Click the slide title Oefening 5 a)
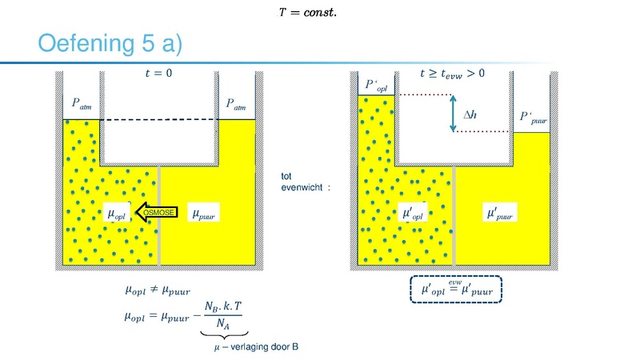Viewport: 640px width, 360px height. (x=110, y=43)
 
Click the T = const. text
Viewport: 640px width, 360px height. (x=308, y=12)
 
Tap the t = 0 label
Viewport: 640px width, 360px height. (x=158, y=73)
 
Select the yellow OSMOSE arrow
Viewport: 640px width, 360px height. (x=156, y=212)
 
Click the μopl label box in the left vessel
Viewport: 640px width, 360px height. (x=116, y=213)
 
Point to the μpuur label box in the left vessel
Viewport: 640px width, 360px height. (x=203, y=213)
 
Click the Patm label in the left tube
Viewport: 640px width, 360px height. (x=82, y=104)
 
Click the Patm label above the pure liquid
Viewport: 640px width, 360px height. (x=236, y=104)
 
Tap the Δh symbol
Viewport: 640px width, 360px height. (x=470, y=114)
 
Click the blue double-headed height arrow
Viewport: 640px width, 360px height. (x=453, y=114)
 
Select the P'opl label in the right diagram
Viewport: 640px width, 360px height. (x=376, y=85)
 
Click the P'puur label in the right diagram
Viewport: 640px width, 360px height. (x=533, y=118)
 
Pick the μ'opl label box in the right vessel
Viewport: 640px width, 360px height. (x=413, y=212)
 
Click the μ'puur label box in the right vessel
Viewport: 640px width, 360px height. (x=500, y=212)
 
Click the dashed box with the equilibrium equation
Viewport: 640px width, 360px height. (x=456, y=290)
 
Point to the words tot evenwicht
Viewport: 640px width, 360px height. (x=302, y=182)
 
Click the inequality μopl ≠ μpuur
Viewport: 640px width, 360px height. (x=158, y=290)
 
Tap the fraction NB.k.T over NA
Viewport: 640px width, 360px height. (x=223, y=315)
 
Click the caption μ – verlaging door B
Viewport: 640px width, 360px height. (x=256, y=347)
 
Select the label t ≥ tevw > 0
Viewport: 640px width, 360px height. (x=452, y=74)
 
